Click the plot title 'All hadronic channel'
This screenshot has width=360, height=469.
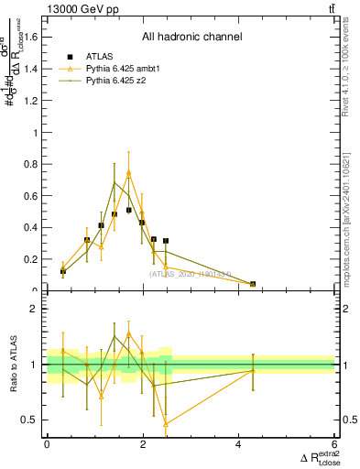(191, 38)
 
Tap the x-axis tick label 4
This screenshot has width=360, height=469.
(239, 444)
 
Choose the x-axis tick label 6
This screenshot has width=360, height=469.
(335, 444)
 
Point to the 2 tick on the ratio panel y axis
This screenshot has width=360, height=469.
(38, 309)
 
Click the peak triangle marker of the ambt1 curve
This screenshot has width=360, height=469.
(129, 173)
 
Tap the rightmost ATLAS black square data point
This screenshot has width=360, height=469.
(253, 284)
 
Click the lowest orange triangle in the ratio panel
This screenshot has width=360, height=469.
(166, 423)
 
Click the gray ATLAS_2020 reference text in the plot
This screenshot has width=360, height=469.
(191, 273)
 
